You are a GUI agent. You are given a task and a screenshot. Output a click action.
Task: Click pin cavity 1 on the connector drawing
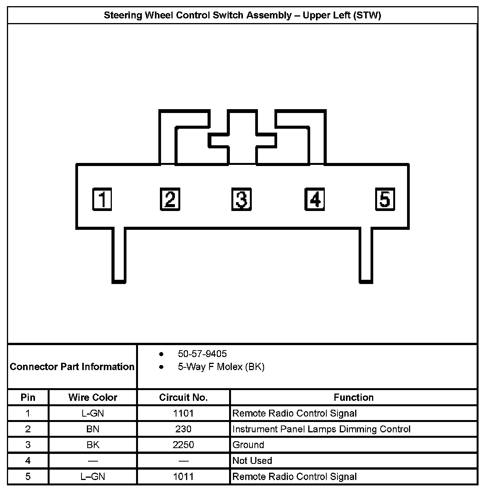[x=102, y=199]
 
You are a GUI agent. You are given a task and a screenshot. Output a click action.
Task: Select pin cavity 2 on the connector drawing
[x=170, y=199]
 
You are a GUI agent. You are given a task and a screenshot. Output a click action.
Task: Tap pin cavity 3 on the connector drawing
[x=241, y=199]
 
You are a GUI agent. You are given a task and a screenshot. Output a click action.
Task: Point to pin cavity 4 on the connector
[x=314, y=199]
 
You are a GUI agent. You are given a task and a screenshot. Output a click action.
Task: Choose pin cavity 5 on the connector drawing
[x=385, y=199]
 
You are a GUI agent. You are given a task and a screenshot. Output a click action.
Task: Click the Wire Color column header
[x=93, y=397]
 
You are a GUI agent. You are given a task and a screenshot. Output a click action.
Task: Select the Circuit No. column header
[x=183, y=397]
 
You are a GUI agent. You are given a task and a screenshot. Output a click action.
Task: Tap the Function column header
[x=354, y=397]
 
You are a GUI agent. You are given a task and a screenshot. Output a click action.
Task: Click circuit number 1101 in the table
[x=183, y=414]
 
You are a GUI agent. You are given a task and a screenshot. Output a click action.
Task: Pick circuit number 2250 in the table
[x=183, y=445]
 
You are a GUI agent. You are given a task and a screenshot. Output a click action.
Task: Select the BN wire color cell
[x=93, y=429]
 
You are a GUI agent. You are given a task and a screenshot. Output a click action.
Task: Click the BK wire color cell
[x=93, y=445]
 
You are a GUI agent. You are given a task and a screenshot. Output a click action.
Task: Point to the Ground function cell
[x=248, y=445]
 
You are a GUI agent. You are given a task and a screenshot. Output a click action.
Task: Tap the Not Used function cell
[x=252, y=461]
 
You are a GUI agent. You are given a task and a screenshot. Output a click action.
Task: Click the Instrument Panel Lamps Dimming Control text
[x=321, y=429]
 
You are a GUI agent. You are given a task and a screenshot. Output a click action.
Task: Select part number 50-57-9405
[x=202, y=354]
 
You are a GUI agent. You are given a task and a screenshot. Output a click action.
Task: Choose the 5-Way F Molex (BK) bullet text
[x=221, y=367]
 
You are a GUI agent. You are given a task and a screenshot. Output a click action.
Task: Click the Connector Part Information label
[x=72, y=367]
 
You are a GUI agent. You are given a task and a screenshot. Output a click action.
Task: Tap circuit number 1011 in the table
[x=183, y=477]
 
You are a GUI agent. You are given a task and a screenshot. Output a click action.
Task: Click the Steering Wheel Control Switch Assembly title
[x=243, y=15]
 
